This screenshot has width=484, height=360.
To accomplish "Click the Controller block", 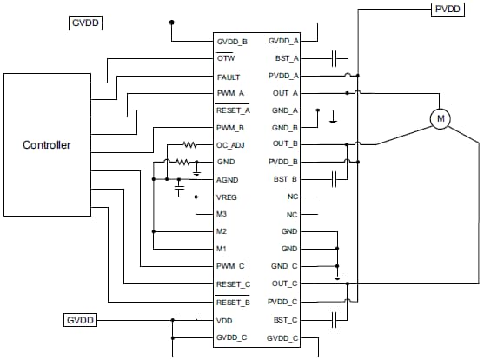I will click(x=47, y=145).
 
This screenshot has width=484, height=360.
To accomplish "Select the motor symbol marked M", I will click(x=441, y=117).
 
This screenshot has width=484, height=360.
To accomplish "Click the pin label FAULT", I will click(x=229, y=76).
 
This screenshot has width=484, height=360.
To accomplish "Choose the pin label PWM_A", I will click(x=230, y=93).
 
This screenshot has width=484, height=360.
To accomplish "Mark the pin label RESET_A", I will click(x=233, y=110).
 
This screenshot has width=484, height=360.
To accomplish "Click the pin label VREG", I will click(x=227, y=197).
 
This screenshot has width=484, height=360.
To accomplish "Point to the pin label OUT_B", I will click(x=285, y=144).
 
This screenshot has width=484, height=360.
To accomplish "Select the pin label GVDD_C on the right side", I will click(x=283, y=337).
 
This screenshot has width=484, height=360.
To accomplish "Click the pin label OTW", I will click(x=225, y=58).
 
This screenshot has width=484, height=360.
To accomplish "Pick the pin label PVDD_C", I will click(x=283, y=302).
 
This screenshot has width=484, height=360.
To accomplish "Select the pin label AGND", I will click(x=227, y=179).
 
